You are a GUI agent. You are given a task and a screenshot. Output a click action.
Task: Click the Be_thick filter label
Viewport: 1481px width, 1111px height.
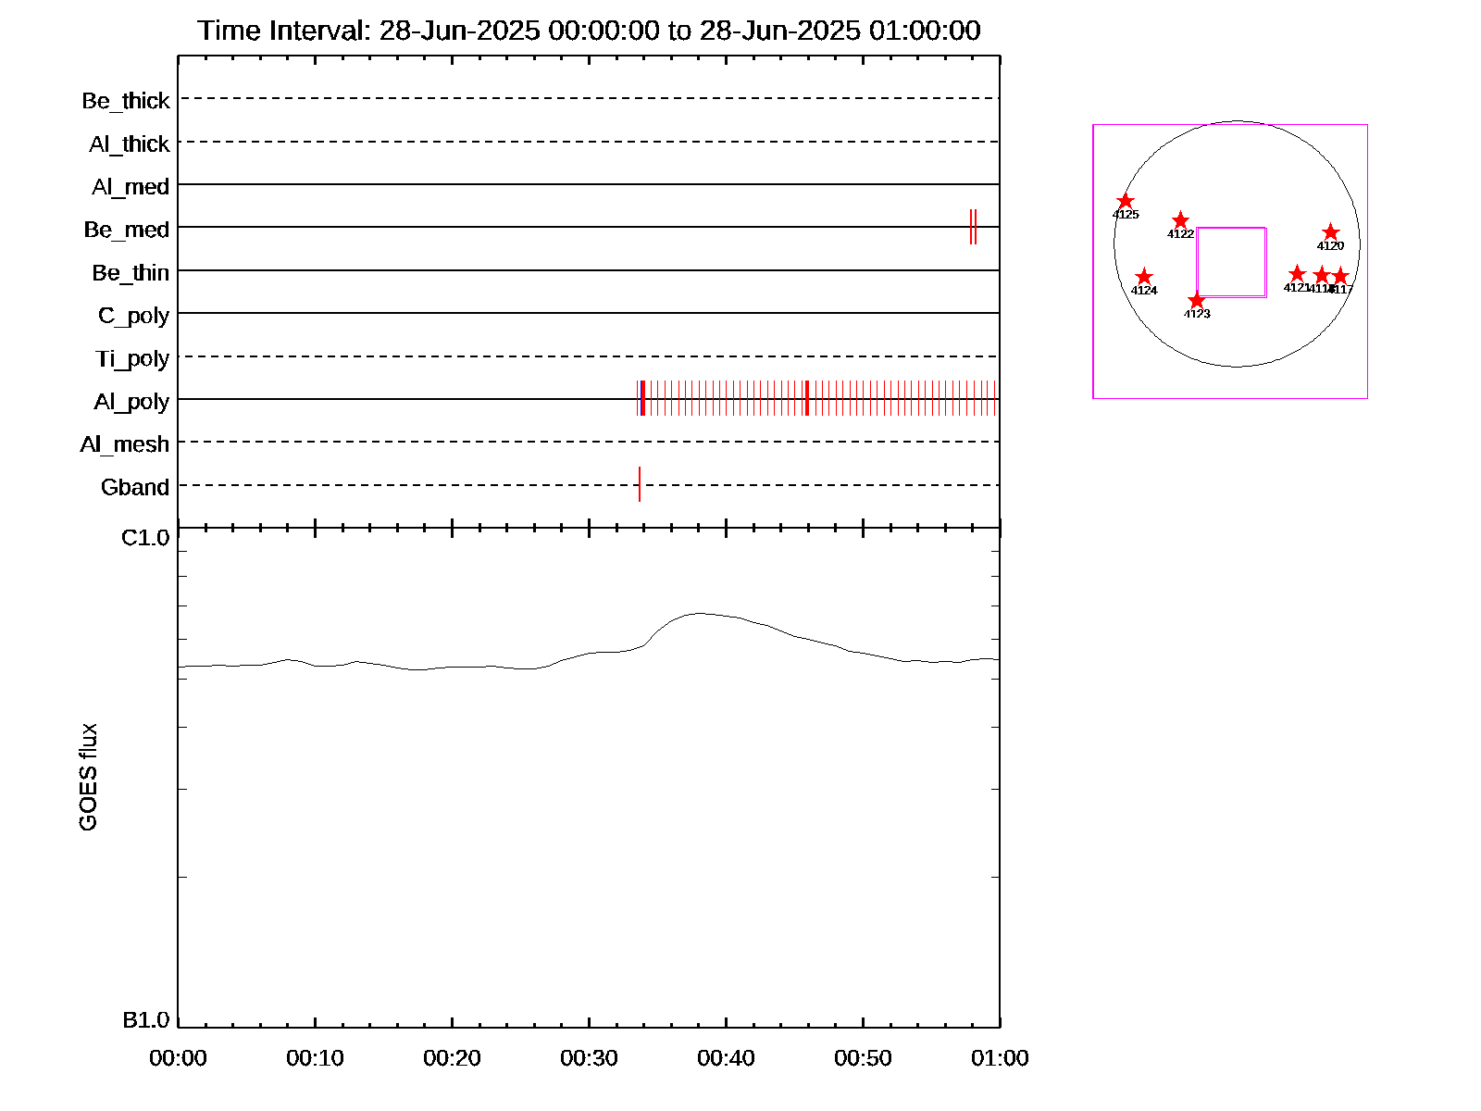126,100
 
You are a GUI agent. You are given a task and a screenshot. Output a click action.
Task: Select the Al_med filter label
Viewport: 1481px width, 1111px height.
131,187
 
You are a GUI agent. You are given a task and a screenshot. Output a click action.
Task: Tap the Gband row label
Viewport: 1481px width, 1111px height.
135,487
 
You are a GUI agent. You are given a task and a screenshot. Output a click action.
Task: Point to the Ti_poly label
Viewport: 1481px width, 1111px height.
132,358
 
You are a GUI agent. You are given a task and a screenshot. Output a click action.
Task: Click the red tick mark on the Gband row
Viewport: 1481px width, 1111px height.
640,484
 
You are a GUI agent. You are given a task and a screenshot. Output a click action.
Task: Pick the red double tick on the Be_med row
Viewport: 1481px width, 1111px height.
973,227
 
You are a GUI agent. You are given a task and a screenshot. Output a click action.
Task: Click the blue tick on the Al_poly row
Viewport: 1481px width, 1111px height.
643,399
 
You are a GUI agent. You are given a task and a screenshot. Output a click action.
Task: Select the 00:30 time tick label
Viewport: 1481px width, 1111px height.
589,1058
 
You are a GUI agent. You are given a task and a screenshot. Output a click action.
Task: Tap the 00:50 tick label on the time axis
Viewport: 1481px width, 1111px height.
863,1058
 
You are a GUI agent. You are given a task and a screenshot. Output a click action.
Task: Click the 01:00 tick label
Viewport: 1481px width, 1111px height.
1000,1058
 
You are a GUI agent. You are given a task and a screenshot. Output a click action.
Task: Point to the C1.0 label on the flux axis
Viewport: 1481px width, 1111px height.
146,538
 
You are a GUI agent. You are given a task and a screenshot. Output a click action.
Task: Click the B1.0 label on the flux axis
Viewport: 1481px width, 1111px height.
146,1020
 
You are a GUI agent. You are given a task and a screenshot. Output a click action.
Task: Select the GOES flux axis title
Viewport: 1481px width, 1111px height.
89,778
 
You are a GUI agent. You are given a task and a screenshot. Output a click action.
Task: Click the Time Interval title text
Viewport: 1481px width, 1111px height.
589,31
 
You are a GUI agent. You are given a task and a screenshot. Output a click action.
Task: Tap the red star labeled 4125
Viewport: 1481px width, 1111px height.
1126,202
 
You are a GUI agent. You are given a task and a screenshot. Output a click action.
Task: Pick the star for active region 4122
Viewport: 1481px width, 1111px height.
1180,220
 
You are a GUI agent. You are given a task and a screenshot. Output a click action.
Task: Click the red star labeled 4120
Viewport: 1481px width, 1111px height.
1330,231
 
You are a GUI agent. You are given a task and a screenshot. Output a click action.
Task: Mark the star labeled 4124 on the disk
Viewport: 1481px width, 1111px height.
1144,277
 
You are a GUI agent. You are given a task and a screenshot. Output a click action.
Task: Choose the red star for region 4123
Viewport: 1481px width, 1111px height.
1197,300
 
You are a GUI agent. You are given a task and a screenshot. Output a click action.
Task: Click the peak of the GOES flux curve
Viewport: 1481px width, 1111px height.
701,613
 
